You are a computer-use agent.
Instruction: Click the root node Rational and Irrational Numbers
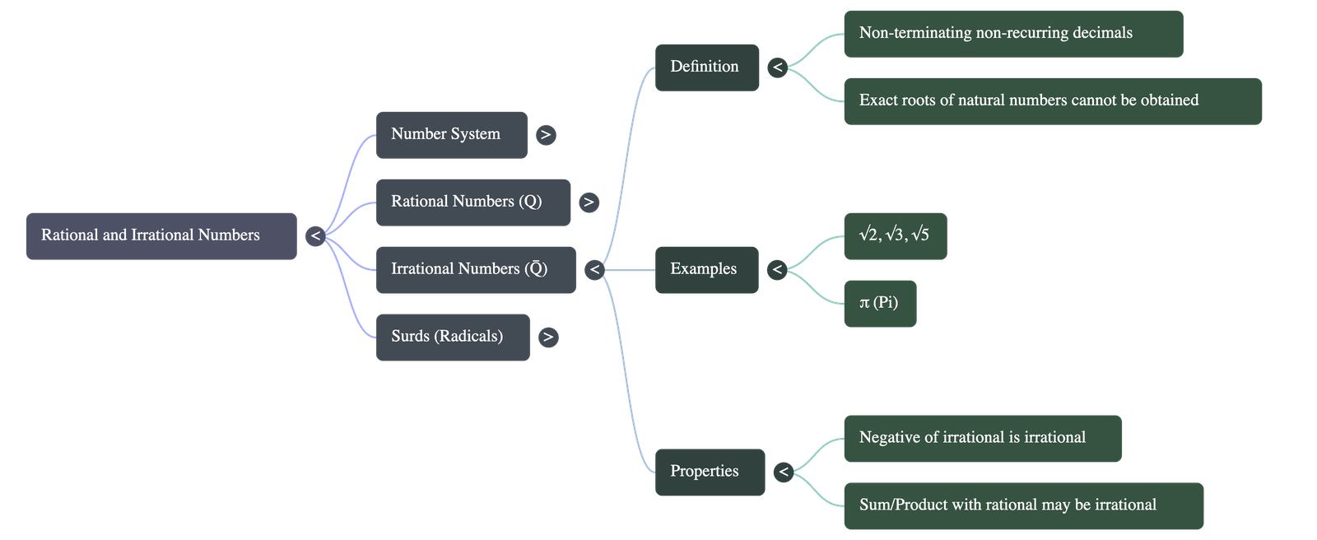(x=161, y=236)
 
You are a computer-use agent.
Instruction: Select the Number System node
(x=451, y=135)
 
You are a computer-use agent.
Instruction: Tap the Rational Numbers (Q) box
(x=472, y=202)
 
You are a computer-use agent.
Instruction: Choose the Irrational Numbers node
(x=475, y=270)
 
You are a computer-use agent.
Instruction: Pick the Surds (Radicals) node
(x=452, y=337)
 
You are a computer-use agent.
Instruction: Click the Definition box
(x=706, y=67)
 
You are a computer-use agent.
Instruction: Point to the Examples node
(x=705, y=269)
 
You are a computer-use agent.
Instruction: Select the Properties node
(x=710, y=472)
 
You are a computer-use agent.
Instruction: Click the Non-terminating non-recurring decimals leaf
(x=1012, y=34)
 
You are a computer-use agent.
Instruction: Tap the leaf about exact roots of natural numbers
(x=1052, y=101)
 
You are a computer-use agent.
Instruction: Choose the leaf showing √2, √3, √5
(x=895, y=236)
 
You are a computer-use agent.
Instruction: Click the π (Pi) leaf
(x=879, y=303)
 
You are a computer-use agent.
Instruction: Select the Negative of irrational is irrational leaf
(x=982, y=438)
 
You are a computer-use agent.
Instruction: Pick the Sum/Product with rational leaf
(x=1023, y=505)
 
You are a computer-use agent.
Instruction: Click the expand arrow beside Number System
(x=546, y=135)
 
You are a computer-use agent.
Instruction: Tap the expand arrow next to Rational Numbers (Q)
(x=589, y=202)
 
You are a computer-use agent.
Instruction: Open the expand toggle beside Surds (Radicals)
(x=548, y=337)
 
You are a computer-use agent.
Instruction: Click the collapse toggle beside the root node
(x=315, y=236)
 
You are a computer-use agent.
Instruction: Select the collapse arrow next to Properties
(x=784, y=472)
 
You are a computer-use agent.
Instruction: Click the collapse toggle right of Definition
(x=777, y=67)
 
